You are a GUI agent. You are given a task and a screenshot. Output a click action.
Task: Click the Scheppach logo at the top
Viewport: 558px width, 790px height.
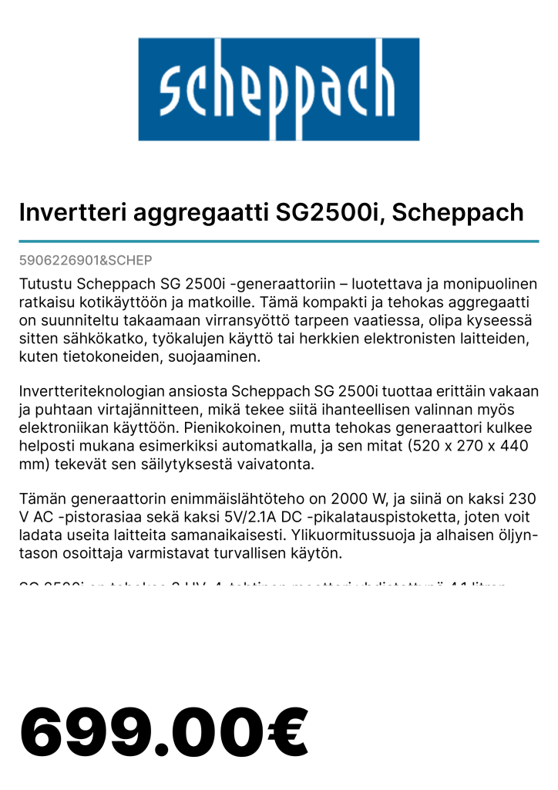click(278, 89)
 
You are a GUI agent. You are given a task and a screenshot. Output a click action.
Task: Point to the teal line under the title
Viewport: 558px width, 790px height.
click(278, 241)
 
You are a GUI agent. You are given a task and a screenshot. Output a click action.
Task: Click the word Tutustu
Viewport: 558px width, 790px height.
click(45, 285)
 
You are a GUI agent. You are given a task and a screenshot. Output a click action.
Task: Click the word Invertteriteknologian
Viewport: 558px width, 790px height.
click(93, 392)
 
